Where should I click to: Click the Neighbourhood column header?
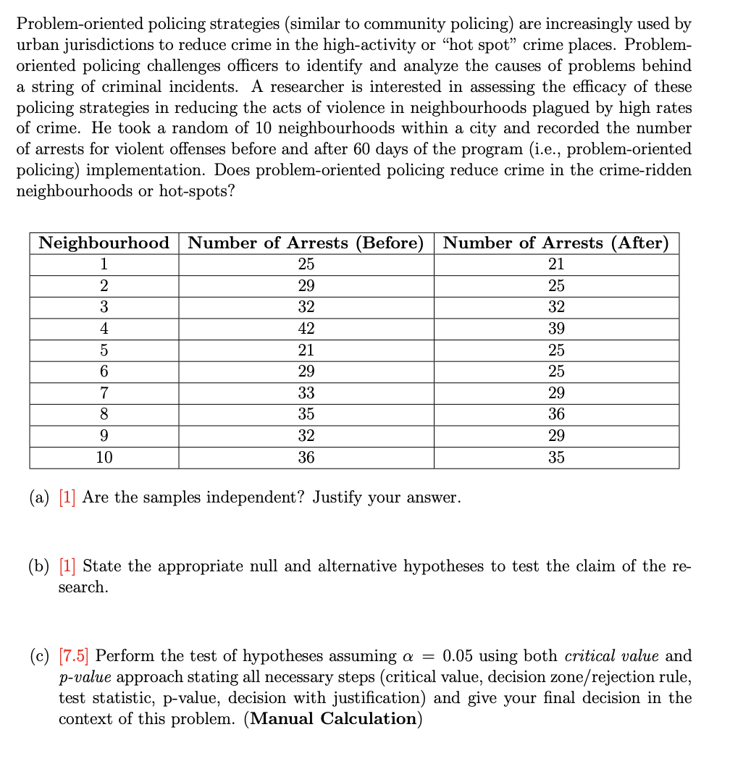[104, 243]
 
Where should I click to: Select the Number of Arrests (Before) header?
[306, 243]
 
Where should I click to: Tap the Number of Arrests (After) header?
[556, 243]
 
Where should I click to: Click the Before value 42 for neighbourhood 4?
[306, 329]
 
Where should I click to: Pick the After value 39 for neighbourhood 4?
[556, 329]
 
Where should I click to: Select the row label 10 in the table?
[104, 458]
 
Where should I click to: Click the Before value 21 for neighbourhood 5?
[306, 350]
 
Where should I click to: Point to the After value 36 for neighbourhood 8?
[556, 415]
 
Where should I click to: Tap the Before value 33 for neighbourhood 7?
[306, 393]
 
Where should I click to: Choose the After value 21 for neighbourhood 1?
[556, 264]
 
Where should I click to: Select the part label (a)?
[40, 498]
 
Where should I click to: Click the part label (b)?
[40, 566]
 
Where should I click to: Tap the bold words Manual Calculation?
[333, 719]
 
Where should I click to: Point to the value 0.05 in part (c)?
[460, 657]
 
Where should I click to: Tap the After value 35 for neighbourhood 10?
[556, 458]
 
